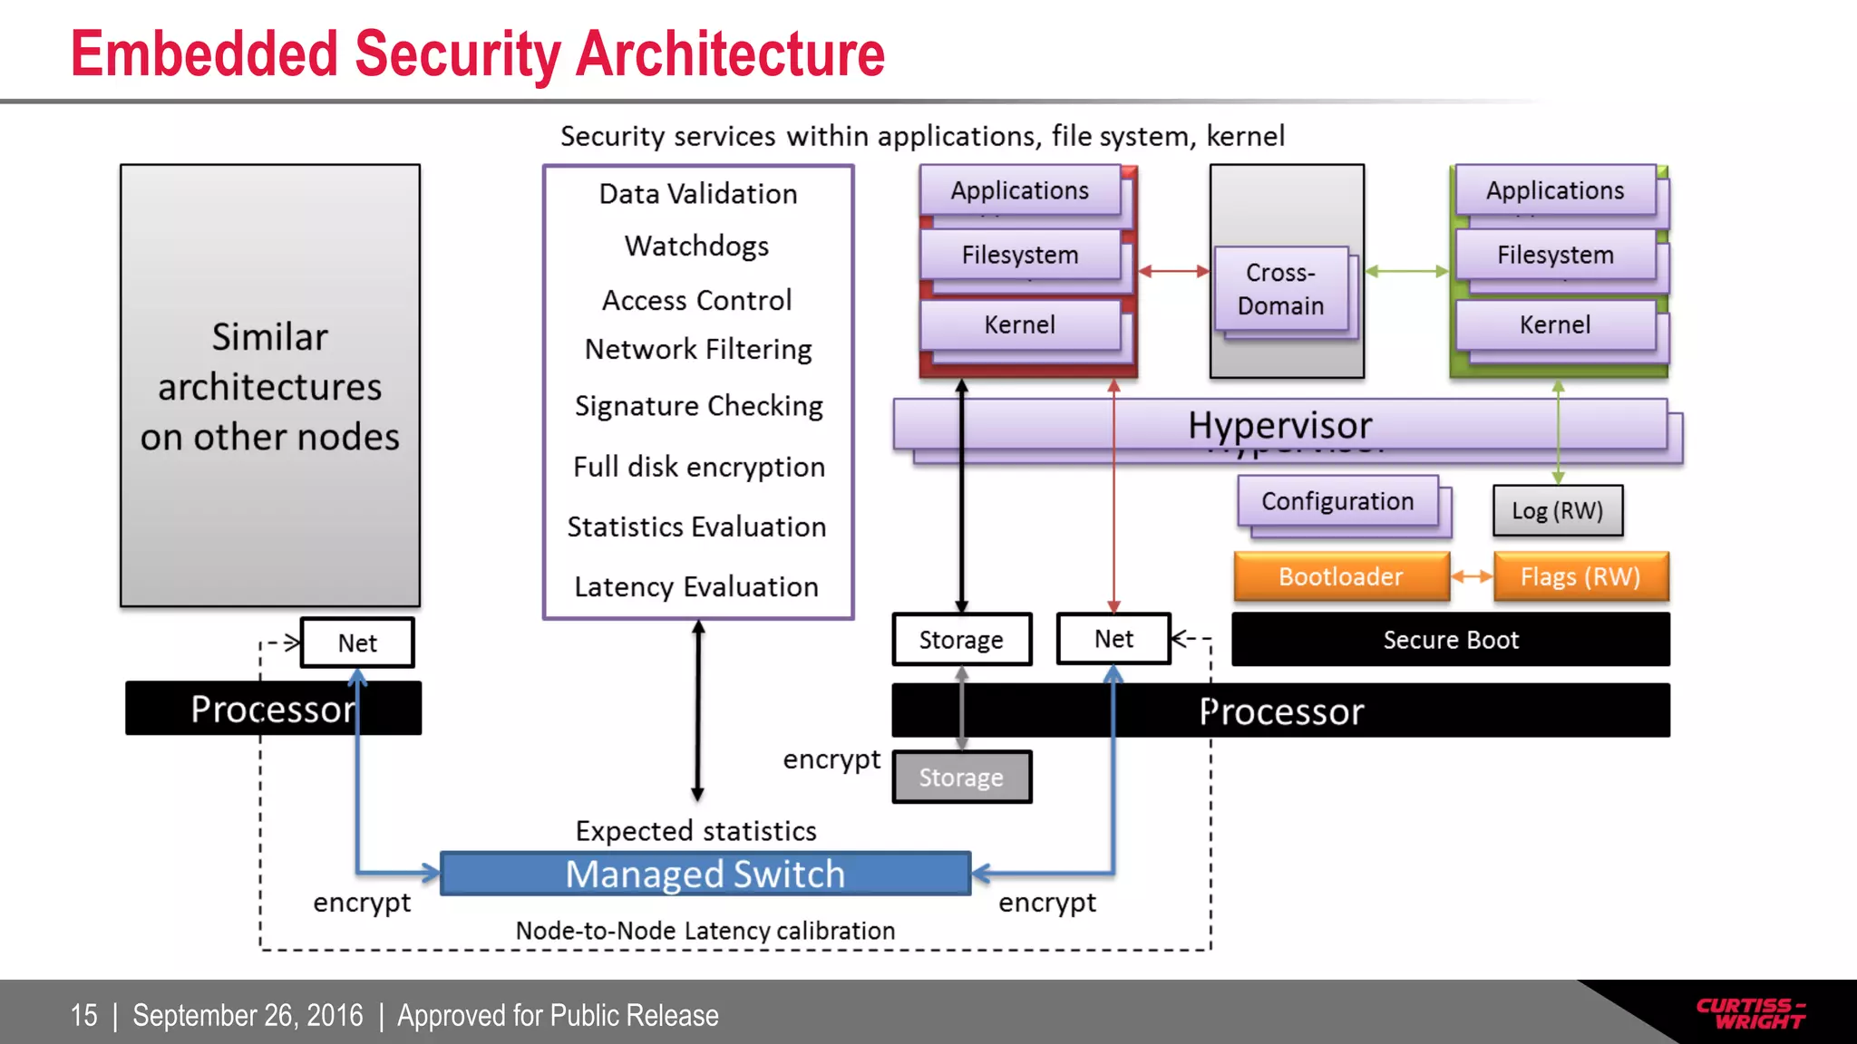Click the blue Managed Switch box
click(x=705, y=874)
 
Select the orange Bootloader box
click(x=1341, y=576)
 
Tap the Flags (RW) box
click(x=1580, y=576)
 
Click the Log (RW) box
click(x=1557, y=510)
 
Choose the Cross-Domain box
click(x=1280, y=289)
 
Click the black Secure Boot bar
click(x=1450, y=640)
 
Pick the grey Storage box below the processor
click(x=961, y=778)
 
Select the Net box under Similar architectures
click(x=357, y=643)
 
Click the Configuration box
click(x=1337, y=501)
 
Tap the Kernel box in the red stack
click(x=1019, y=324)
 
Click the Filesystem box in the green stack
click(x=1555, y=255)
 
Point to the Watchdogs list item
click(x=696, y=246)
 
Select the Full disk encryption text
click(x=698, y=467)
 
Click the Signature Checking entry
click(x=698, y=405)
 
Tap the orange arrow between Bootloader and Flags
click(x=1472, y=576)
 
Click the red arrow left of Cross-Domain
click(x=1173, y=271)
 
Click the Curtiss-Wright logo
click(x=1750, y=1013)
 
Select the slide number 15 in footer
click(x=83, y=1015)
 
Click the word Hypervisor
click(x=1279, y=425)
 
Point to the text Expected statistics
click(x=695, y=831)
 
